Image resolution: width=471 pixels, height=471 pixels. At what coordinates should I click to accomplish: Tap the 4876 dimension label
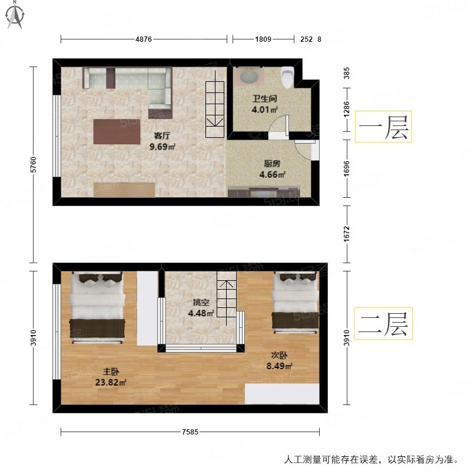tap(144, 39)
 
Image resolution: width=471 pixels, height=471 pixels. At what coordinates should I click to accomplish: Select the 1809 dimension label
tap(263, 39)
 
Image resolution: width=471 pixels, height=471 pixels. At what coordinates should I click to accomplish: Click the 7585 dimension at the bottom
tap(190, 433)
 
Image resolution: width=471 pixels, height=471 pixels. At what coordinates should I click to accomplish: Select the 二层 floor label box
tap(383, 323)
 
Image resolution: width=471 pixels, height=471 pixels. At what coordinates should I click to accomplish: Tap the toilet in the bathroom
tap(287, 77)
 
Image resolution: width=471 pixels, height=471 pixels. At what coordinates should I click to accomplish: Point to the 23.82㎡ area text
tap(111, 382)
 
